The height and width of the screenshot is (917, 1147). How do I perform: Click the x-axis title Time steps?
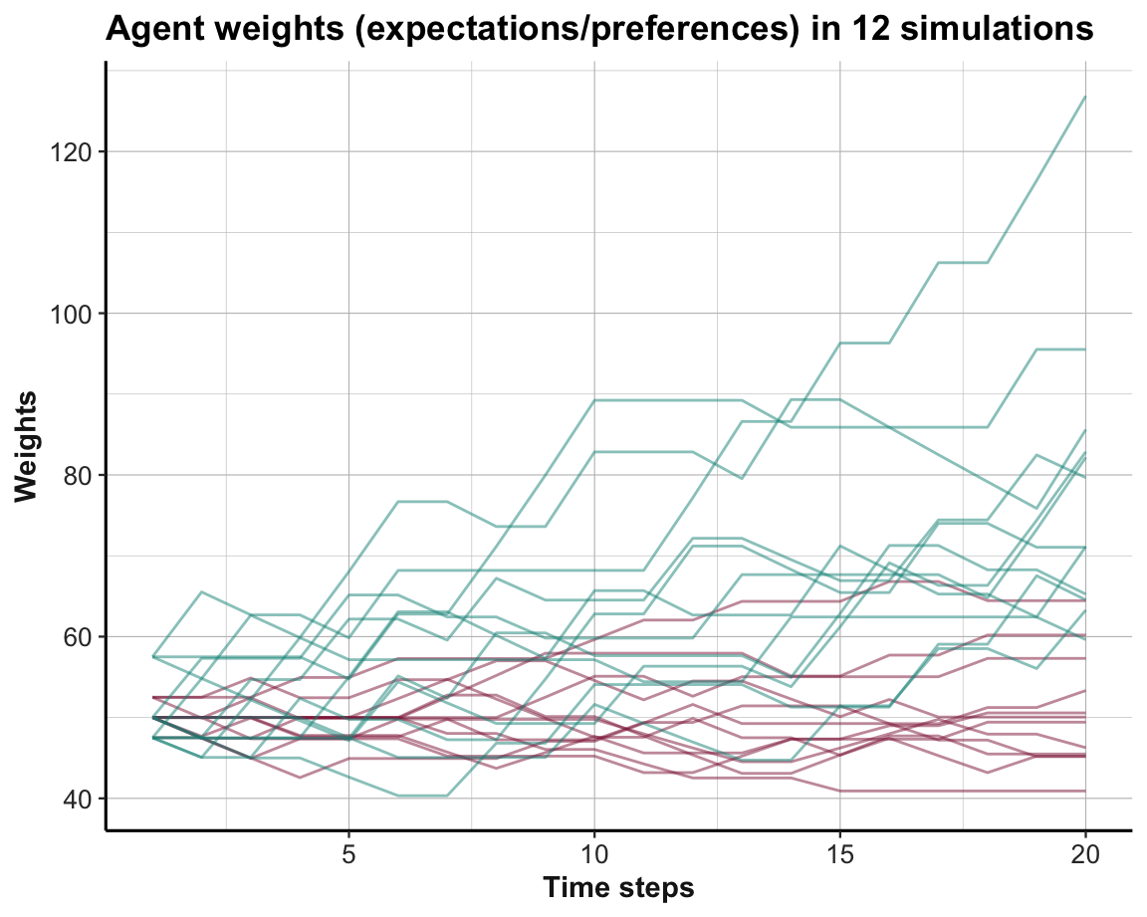617,887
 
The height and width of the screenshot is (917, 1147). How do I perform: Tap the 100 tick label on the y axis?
67,313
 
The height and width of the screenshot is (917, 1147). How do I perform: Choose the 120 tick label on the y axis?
67,151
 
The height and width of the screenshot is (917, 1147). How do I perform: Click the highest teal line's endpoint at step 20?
1085,97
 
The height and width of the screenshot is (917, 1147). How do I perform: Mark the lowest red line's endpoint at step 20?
1085,791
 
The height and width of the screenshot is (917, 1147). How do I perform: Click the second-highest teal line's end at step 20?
1085,349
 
